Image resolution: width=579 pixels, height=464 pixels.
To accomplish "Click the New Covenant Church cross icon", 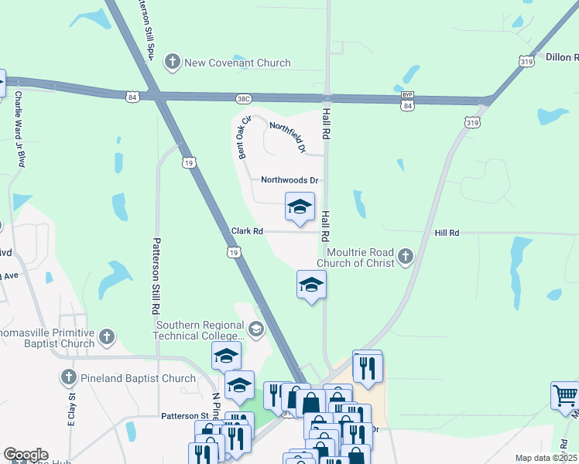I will pos(172,63).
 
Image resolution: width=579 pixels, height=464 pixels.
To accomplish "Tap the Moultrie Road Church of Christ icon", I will pos(404,258).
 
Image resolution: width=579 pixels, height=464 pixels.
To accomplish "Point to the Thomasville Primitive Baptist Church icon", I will pos(107,336).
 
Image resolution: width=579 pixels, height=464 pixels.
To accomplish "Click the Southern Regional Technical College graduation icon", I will pos(256,330).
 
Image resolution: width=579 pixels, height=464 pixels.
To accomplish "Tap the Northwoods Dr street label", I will pos(290,180).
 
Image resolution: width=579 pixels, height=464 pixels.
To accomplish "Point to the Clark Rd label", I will pos(247,231).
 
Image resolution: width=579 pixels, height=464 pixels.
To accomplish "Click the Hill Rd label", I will pos(447,232).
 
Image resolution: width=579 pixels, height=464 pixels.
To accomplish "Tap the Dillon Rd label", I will pos(563,57).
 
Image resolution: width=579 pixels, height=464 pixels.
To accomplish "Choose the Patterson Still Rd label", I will pos(156,275).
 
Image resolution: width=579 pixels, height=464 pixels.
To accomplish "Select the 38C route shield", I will pos(244,98).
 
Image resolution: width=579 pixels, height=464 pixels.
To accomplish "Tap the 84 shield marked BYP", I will pos(407,101).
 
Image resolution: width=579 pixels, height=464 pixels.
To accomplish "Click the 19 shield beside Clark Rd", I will pos(234,251).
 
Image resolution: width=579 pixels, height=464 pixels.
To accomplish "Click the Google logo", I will pos(26,455).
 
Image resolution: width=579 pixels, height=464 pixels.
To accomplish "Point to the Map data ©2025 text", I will pos(546,458).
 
